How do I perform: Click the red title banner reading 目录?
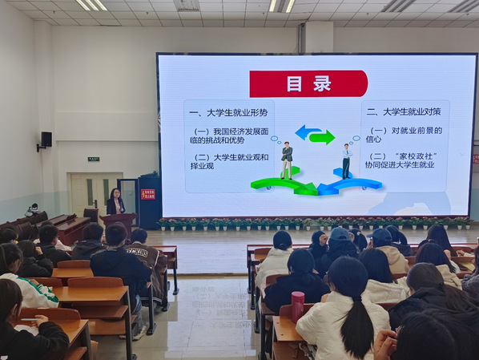pos(308,83)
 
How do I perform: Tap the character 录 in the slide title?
pos(323,83)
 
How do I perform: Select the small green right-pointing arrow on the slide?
pos(323,137)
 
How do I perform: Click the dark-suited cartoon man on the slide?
pos(287,160)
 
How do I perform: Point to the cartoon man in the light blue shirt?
pos(347,160)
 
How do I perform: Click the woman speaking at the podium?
pos(115,202)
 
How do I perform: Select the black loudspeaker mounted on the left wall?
pos(46,140)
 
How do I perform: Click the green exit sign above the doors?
pos(94,160)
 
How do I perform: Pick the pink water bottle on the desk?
pos(297,305)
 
